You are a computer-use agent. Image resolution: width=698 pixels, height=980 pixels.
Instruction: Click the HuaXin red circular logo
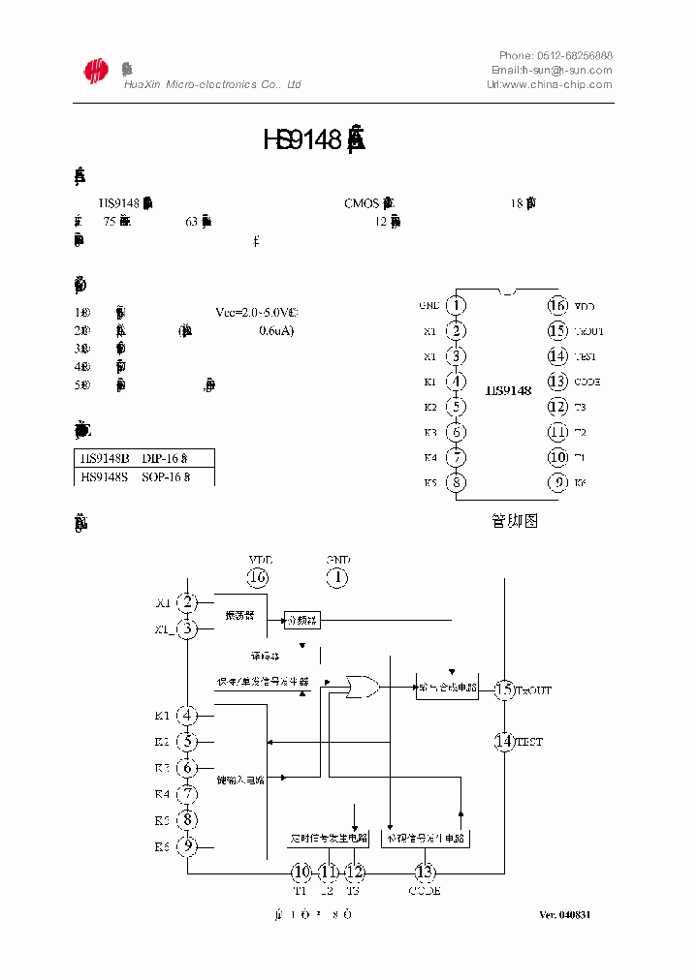click(95, 71)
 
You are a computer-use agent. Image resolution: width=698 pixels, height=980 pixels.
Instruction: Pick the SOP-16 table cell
click(166, 476)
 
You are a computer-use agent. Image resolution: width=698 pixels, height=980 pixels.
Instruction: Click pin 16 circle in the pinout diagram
click(557, 306)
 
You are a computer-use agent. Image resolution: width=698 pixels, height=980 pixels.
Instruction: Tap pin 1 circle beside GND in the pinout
click(457, 306)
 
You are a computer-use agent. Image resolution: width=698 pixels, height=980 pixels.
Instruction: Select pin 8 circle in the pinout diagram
click(457, 482)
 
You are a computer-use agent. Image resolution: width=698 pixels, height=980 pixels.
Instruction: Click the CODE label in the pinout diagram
click(587, 382)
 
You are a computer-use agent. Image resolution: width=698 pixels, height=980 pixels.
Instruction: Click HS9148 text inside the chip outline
click(508, 390)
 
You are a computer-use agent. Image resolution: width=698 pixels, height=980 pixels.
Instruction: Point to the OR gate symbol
click(364, 687)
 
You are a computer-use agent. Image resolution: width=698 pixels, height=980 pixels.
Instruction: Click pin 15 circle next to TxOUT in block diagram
click(504, 689)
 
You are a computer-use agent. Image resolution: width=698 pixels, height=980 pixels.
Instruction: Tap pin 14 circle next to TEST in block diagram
click(504, 742)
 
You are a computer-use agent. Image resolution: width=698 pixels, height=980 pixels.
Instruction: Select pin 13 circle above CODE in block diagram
click(425, 872)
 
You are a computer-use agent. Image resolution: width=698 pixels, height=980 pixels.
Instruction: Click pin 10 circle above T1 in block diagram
click(301, 872)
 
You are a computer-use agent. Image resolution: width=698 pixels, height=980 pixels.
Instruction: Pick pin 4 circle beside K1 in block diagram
click(187, 717)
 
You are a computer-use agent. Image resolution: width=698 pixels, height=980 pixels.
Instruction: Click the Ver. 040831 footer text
click(565, 915)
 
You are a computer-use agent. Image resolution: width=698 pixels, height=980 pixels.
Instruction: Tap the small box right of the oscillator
click(301, 620)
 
